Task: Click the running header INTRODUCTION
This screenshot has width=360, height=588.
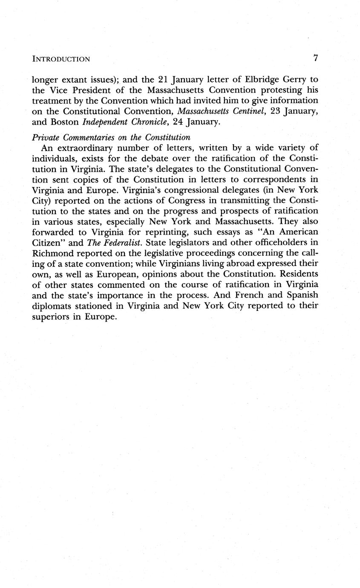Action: (x=61, y=59)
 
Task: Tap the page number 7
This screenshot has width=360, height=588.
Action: (x=316, y=58)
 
